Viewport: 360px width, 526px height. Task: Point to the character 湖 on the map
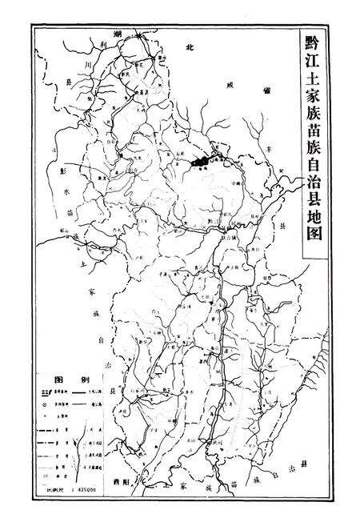click(x=95, y=36)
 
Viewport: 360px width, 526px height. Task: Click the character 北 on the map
click(x=190, y=48)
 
